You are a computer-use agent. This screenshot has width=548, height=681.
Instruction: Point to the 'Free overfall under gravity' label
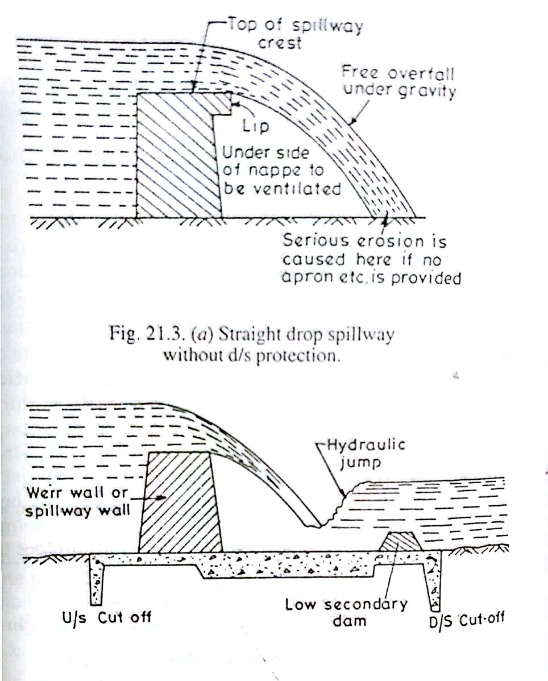[398, 82]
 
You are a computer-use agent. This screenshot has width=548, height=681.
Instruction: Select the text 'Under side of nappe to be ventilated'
[281, 171]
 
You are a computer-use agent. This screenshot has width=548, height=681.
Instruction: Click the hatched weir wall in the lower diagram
[180, 500]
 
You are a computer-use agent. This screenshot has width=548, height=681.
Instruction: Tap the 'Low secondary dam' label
[346, 611]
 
